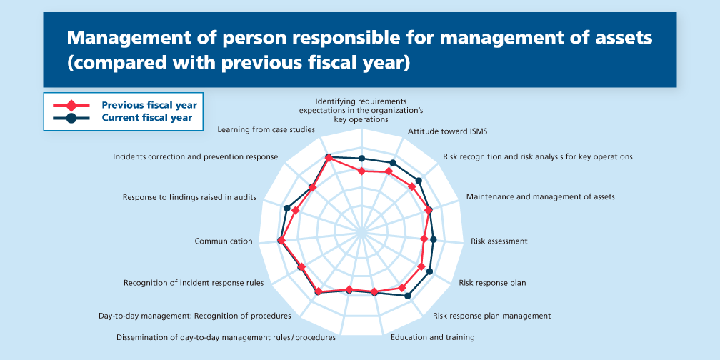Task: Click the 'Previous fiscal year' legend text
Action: [149, 105]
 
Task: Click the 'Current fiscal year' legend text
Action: [146, 118]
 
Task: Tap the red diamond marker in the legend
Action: [71, 105]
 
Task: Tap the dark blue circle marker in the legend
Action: [71, 118]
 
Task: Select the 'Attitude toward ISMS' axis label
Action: [447, 131]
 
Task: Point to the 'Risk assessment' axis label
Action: [499, 241]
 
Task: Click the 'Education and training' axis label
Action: [433, 336]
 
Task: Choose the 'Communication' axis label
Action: [224, 241]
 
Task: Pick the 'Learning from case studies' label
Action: [266, 130]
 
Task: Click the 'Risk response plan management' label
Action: [491, 315]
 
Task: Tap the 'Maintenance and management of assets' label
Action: [540, 196]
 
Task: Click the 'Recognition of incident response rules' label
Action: [194, 283]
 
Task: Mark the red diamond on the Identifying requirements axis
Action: [361, 171]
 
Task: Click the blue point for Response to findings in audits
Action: [287, 208]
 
